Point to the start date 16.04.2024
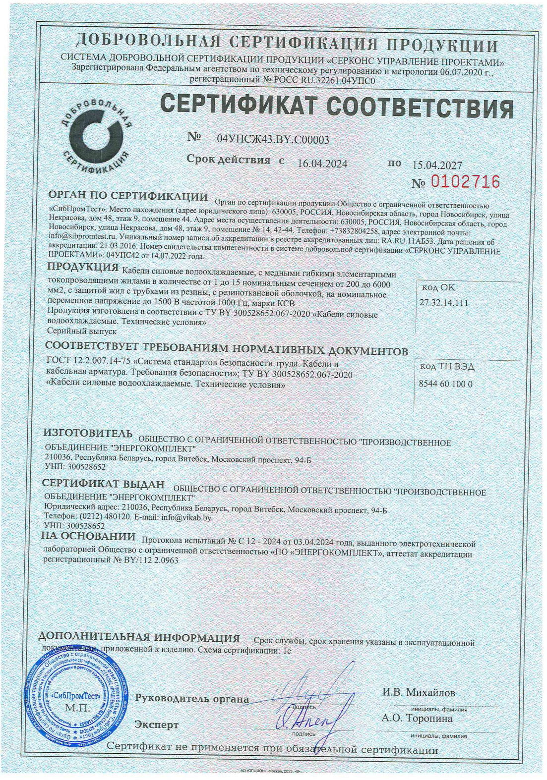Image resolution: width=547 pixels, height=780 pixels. (322, 164)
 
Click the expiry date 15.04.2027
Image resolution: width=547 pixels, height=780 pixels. (437, 166)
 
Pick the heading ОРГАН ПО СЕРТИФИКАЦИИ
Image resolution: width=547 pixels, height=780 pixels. (128, 197)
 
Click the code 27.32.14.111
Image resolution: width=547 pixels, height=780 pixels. (444, 303)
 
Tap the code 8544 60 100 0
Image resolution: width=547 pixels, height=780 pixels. (446, 384)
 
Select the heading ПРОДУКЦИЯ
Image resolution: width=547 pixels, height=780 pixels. (82, 268)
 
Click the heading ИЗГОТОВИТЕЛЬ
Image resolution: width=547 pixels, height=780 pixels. (88, 433)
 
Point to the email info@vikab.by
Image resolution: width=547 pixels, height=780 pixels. (186, 517)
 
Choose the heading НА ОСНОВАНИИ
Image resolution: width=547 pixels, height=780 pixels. (88, 536)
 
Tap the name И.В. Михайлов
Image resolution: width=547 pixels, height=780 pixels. (419, 693)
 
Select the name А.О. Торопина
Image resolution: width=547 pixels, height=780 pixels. (417, 718)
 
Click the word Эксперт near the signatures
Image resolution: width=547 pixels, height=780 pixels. (157, 725)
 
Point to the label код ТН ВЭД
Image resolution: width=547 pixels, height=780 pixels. (447, 367)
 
